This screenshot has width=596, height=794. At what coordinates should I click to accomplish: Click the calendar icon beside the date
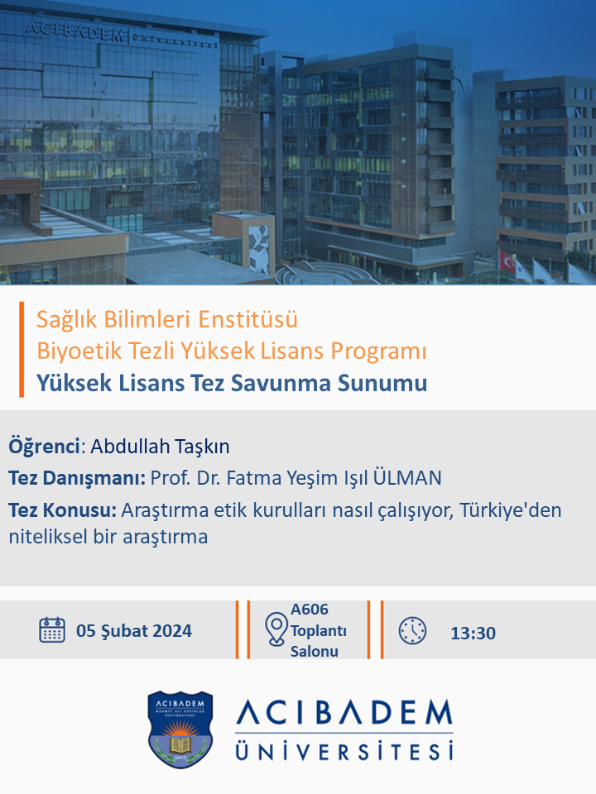(x=52, y=630)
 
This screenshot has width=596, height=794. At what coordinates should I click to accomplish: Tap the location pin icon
(x=276, y=629)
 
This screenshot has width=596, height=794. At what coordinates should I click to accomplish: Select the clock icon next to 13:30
(x=412, y=630)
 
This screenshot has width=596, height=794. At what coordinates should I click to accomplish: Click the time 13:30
(x=473, y=633)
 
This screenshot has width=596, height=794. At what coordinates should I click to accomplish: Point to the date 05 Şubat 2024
(x=134, y=631)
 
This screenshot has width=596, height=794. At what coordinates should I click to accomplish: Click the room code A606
(x=309, y=610)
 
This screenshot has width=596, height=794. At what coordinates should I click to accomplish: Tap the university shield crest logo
(x=180, y=729)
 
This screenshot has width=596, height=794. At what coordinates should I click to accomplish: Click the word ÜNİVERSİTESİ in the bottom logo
(x=344, y=750)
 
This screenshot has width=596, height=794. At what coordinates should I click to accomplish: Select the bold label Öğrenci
(x=44, y=446)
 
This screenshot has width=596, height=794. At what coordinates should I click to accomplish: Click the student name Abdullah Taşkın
(x=160, y=446)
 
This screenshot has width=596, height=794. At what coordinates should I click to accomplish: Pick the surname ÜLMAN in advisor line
(x=407, y=477)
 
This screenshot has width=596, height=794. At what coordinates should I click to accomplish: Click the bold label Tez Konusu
(x=63, y=510)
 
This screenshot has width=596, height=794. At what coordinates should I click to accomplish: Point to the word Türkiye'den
(x=511, y=510)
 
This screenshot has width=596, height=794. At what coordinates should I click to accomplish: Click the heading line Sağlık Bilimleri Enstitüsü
(x=167, y=319)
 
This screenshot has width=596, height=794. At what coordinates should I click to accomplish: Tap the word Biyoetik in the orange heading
(x=79, y=351)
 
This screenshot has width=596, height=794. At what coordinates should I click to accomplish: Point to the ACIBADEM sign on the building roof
(x=74, y=31)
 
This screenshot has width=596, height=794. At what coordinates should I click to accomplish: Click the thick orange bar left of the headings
(x=22, y=349)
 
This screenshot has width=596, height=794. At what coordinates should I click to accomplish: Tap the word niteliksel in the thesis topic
(x=48, y=536)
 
